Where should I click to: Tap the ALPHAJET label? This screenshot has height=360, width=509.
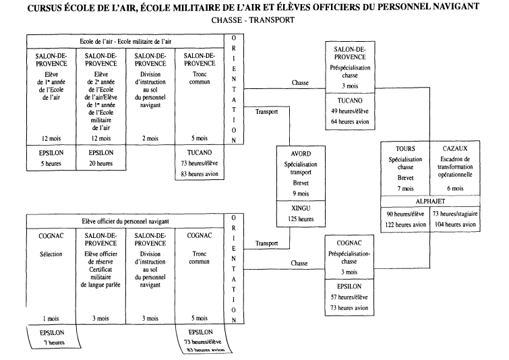(429, 200)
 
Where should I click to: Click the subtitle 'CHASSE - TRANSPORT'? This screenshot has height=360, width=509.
(253, 20)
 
